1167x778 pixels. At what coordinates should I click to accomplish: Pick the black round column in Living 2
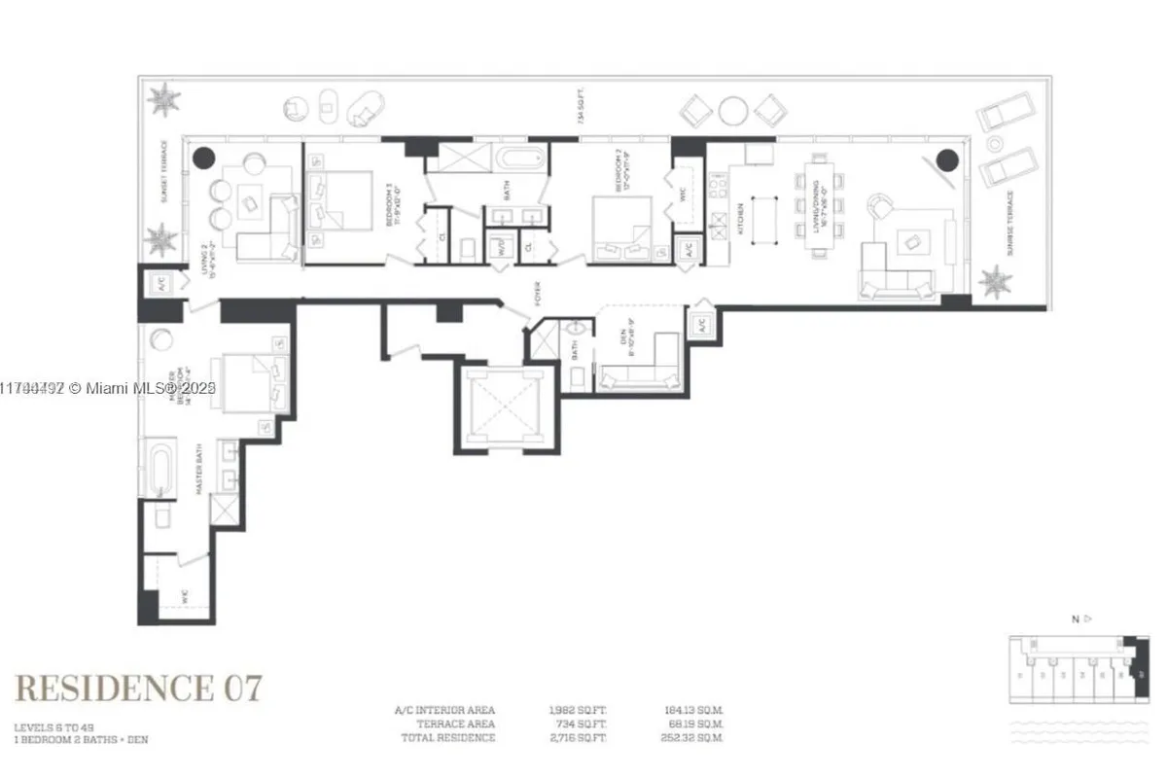point(203,158)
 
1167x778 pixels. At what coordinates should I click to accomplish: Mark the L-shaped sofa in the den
point(641,370)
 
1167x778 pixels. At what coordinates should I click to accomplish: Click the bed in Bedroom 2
point(622,228)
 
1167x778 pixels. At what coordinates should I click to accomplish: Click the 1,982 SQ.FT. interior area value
point(579,709)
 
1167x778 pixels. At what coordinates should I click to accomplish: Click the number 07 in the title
point(242,688)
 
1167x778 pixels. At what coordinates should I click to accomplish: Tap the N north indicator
point(1076,618)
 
